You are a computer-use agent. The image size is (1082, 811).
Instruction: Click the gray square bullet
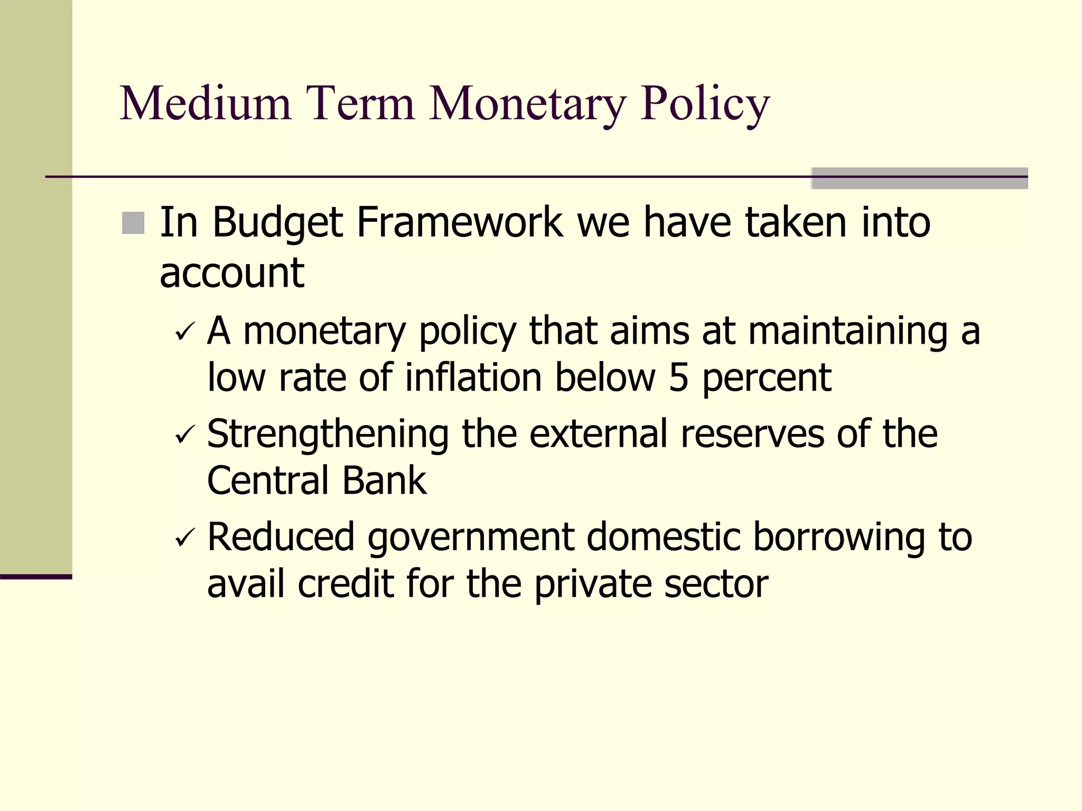133,223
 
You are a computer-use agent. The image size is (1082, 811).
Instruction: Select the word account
232,274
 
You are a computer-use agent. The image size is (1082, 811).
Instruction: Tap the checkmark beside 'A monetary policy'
186,332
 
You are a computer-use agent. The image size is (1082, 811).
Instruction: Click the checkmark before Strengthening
186,435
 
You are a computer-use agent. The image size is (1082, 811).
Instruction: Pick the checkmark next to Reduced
186,538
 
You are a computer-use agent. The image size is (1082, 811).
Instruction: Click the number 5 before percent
679,378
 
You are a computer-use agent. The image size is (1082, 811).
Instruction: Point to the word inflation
473,378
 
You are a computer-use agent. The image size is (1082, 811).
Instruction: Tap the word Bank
384,480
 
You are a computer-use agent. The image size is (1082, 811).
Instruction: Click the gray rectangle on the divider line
919,178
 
